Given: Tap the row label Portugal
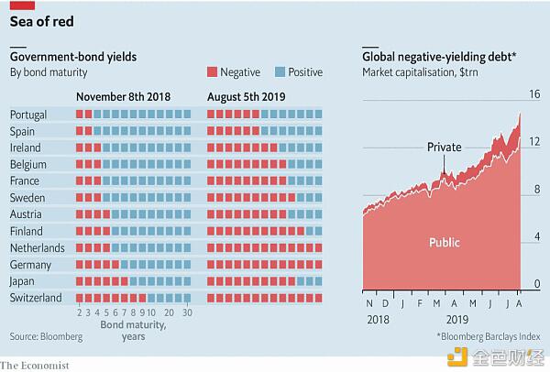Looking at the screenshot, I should point(28,115).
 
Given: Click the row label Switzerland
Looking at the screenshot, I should point(35,298).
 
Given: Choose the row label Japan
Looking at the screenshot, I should point(23,281).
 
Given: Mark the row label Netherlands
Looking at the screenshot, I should point(37,247).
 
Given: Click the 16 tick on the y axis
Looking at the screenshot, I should point(533,93).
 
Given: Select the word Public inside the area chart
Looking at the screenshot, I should point(445,243).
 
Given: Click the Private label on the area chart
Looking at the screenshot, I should point(445,147).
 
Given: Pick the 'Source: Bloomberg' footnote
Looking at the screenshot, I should point(46,337).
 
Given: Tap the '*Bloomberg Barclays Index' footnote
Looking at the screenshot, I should point(489,337).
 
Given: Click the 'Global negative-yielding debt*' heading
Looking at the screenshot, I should point(439,57).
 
